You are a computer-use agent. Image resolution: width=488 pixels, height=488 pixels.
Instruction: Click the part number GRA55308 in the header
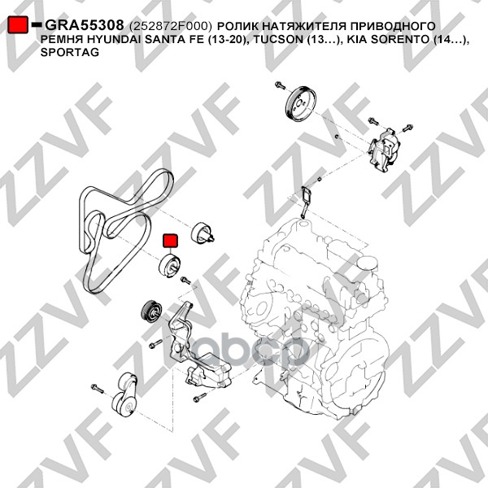(x=85, y=25)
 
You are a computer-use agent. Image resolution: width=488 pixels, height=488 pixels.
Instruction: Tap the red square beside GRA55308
(x=17, y=24)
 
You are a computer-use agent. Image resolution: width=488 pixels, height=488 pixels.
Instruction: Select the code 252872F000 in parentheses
(x=170, y=26)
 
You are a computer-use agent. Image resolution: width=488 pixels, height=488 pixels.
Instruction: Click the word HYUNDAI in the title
(x=107, y=40)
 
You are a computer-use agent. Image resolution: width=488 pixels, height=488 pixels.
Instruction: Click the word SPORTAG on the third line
(x=70, y=52)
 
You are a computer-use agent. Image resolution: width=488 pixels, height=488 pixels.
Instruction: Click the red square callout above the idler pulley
(x=170, y=241)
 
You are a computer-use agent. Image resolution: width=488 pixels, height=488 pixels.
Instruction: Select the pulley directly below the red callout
(x=170, y=265)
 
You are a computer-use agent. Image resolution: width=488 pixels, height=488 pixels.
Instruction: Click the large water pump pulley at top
(x=301, y=102)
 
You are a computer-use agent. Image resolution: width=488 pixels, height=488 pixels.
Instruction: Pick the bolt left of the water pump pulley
(x=280, y=85)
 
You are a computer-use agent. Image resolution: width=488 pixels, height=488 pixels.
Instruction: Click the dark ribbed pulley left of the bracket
(x=151, y=312)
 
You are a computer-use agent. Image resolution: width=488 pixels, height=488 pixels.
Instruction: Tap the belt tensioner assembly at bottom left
(x=124, y=395)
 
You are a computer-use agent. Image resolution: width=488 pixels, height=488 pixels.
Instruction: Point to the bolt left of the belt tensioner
(x=97, y=389)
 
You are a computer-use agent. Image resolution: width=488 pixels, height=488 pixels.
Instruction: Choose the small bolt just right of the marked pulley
(x=185, y=280)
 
